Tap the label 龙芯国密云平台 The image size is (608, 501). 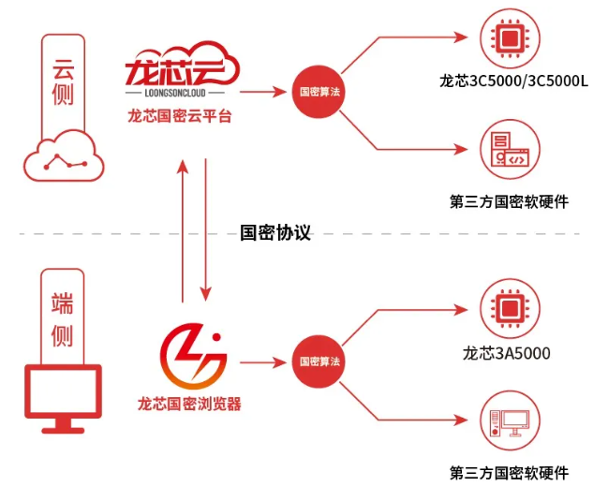tap(180, 117)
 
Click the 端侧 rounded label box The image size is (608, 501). tap(63, 317)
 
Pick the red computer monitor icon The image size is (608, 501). tap(63, 398)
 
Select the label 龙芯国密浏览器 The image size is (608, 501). tap(189, 405)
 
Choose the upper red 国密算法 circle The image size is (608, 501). tap(319, 92)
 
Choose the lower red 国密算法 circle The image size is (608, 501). tap(319, 361)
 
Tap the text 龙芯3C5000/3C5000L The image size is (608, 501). tap(513, 81)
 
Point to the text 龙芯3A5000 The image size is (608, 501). tap(507, 353)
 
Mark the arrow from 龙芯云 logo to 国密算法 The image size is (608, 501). tap(264, 92)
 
